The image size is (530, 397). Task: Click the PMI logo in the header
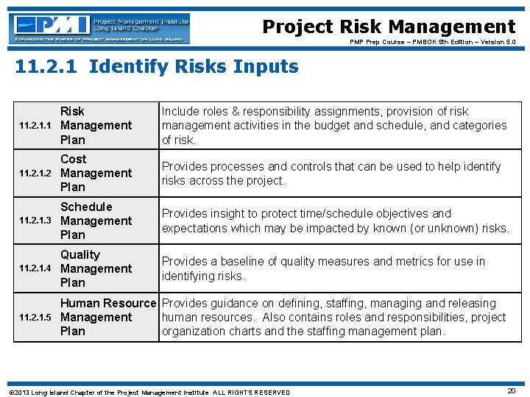[x=100, y=28]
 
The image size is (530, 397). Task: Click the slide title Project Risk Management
[x=389, y=27]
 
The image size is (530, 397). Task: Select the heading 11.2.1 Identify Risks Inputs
[x=157, y=67]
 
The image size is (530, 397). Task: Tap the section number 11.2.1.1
[x=35, y=126]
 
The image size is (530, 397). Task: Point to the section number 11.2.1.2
[x=35, y=174]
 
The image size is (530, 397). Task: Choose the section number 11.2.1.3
[x=35, y=221]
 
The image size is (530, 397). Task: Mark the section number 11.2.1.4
[x=35, y=269]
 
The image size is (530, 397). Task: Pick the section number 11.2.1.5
[x=35, y=318]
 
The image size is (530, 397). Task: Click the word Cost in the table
[x=74, y=159]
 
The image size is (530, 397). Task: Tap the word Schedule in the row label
[x=86, y=207]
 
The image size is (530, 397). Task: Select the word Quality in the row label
[x=80, y=254]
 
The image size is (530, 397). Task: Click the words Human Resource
[x=108, y=303]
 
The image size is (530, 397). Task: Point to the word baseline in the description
[x=244, y=261]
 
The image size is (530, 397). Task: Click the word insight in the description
[x=234, y=213]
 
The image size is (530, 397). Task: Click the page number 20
[x=511, y=391]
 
